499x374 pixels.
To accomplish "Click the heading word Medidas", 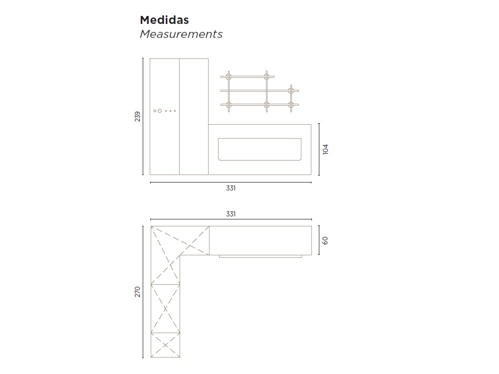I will (x=164, y=20).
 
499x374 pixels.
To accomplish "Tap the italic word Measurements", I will (x=181, y=34).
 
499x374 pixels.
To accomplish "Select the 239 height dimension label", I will (x=138, y=117).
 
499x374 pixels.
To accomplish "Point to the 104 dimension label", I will (x=326, y=149).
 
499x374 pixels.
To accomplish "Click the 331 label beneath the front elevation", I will (x=231, y=188).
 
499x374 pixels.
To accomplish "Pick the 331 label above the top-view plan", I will (x=231, y=214).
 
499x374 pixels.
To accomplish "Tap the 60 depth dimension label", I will (x=325, y=240).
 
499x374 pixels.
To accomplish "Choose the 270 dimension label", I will (x=138, y=292).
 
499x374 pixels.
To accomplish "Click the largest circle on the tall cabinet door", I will (x=160, y=111).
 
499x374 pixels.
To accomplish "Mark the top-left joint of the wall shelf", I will (x=229, y=76).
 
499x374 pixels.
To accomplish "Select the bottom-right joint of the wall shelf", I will (x=290, y=104).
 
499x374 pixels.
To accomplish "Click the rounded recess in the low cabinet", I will (x=259, y=149).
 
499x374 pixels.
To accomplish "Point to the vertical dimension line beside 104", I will (x=319, y=149).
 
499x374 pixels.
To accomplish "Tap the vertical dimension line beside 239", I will (x=143, y=117).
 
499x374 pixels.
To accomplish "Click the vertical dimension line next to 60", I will (x=319, y=240).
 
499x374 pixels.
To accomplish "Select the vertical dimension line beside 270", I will (x=143, y=292).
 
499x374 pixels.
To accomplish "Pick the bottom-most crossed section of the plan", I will (x=165, y=345).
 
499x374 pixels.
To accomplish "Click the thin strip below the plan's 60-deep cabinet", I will (x=260, y=256).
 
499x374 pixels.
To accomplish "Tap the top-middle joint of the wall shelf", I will (x=266, y=76).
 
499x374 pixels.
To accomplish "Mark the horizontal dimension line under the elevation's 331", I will (x=231, y=183).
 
